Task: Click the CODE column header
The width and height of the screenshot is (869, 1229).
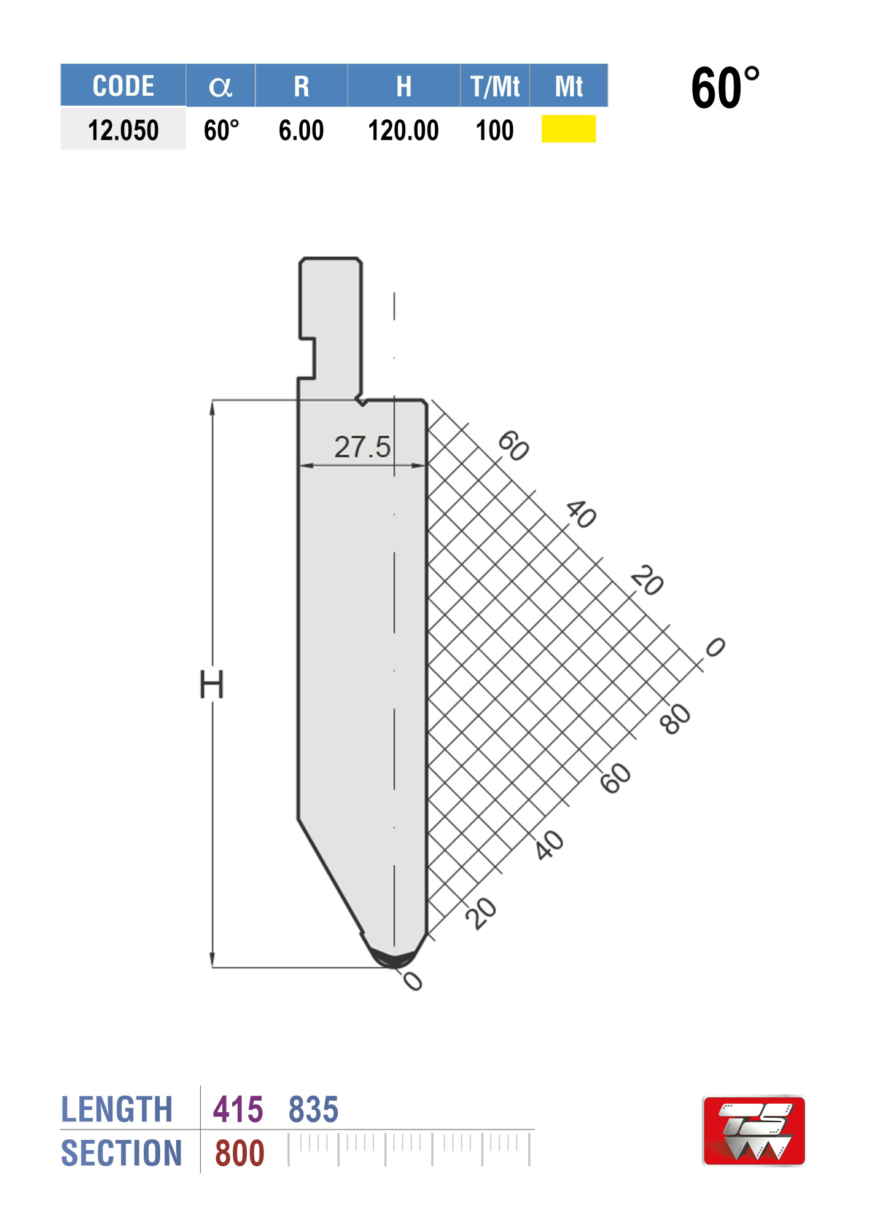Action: click(x=123, y=86)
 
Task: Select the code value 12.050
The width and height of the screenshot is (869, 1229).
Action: click(x=123, y=130)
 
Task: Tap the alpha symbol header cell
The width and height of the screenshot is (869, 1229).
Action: click(x=220, y=86)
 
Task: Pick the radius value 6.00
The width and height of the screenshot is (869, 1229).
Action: click(x=301, y=130)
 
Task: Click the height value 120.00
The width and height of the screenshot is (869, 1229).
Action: click(x=403, y=130)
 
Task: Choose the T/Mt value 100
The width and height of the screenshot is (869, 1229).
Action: click(x=494, y=130)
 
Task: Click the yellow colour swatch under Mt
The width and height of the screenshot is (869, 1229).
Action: click(x=568, y=129)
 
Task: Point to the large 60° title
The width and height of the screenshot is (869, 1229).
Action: click(x=725, y=88)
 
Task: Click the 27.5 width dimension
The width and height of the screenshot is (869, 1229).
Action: click(x=362, y=447)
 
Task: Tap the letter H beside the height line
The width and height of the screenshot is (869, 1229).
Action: click(x=211, y=685)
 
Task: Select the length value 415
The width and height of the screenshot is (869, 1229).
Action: click(x=238, y=1110)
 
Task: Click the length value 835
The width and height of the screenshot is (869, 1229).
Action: click(x=313, y=1110)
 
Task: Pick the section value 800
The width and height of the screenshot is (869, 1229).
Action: click(x=240, y=1153)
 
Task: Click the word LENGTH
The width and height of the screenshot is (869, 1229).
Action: click(x=117, y=1110)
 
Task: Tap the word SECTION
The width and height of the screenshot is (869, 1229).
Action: click(x=122, y=1153)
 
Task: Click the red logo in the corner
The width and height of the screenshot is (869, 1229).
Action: click(x=754, y=1131)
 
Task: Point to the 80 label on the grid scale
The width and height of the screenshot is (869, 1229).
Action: click(x=676, y=719)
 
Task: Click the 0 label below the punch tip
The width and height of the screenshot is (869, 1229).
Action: click(x=413, y=981)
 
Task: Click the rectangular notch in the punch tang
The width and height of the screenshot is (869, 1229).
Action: click(x=306, y=358)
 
